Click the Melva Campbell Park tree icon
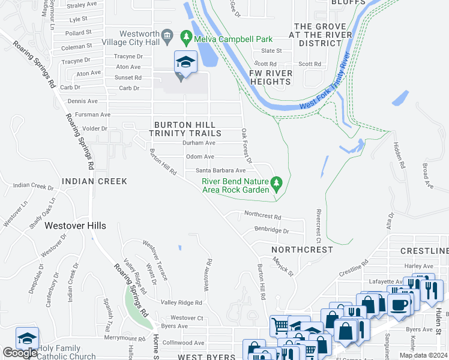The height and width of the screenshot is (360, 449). tap(186, 37)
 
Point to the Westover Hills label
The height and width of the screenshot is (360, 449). tap(76, 226)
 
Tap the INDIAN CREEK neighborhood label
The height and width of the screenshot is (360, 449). tap(94, 181)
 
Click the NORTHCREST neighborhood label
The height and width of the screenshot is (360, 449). tap(301, 249)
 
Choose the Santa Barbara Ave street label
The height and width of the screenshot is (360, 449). tap(221, 170)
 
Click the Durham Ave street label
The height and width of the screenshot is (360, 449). tap(199, 143)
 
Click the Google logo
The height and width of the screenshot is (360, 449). tap(20, 353)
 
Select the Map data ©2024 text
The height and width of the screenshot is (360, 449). tap(424, 355)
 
